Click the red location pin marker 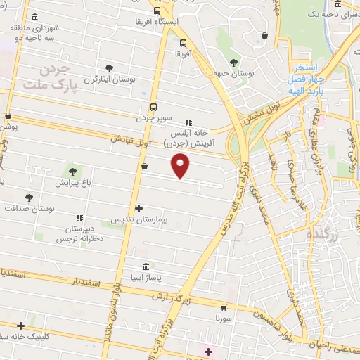point(181,166)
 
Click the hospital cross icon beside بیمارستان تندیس point(139,208)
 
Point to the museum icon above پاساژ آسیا point(146,267)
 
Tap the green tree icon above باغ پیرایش point(72,171)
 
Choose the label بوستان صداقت point(29,209)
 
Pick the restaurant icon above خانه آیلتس point(187,122)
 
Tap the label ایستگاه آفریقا point(157,22)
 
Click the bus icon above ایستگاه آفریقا point(156,11)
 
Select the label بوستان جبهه point(233,73)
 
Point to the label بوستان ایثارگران point(109,79)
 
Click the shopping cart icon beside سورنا point(224,307)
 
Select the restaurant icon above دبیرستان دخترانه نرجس point(79,218)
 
